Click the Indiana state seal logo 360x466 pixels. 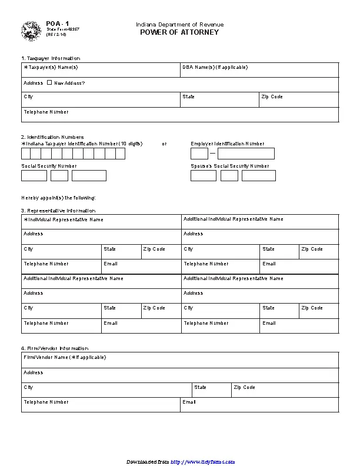[x=31, y=31]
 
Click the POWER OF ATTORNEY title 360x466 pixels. [x=179, y=32]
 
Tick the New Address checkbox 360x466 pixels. [x=49, y=82]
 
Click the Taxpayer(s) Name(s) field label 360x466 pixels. [x=51, y=67]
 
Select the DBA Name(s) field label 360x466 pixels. [x=215, y=67]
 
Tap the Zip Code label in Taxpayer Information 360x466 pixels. [x=272, y=96]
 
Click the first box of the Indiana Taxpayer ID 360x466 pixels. [x=26, y=154]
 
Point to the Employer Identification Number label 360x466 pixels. [x=228, y=144]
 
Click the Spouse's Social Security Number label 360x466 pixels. [x=229, y=166]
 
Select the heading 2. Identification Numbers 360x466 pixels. [x=52, y=137]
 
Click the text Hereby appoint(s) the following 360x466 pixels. [x=58, y=198]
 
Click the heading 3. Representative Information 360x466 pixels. [x=58, y=210]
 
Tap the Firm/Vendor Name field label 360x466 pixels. [x=64, y=357]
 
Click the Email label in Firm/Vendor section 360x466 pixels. [x=189, y=402]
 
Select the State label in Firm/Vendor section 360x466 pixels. [x=200, y=387]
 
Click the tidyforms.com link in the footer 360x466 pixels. [x=203, y=462]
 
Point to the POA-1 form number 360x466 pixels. [x=54, y=24]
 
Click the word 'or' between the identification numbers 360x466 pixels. [x=164, y=144]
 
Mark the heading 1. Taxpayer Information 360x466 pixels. [x=51, y=58]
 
